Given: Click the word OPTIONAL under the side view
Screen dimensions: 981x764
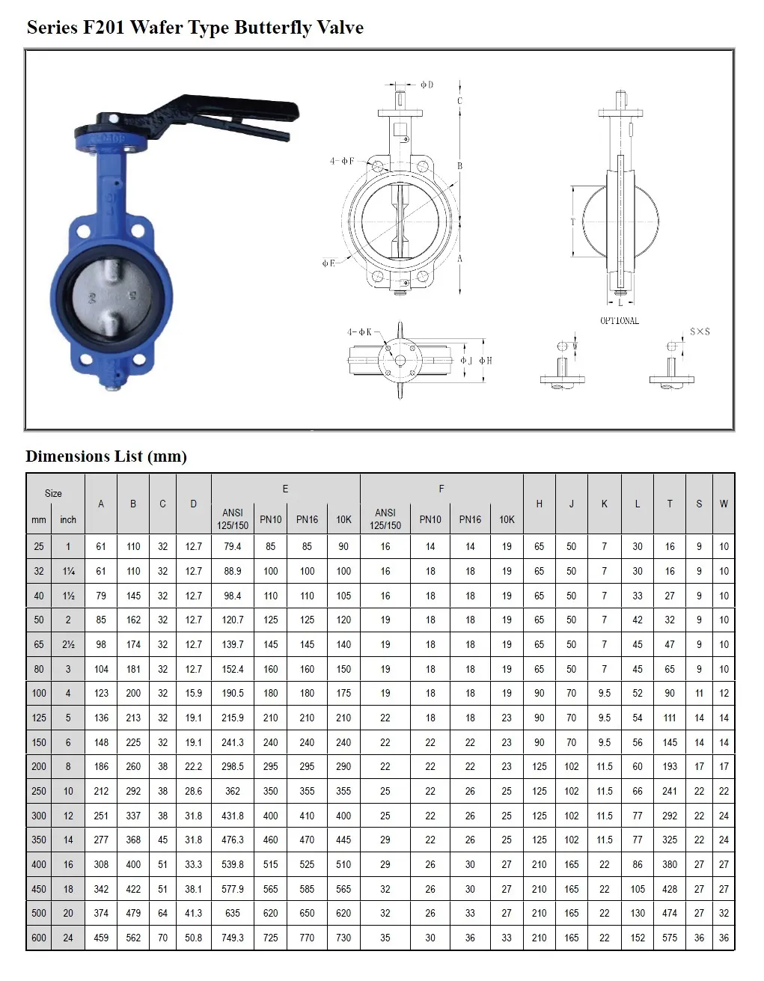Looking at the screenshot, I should click(620, 321).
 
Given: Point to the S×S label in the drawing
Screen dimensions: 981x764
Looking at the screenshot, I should click(700, 331).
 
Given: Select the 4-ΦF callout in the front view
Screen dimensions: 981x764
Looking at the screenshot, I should click(342, 161).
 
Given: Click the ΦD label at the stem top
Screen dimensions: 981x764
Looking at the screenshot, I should click(427, 85).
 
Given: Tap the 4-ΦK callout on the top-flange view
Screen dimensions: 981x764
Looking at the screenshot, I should click(359, 331).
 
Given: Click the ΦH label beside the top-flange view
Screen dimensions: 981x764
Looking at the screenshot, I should click(486, 361).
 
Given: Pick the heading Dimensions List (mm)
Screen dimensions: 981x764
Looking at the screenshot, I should click(106, 456).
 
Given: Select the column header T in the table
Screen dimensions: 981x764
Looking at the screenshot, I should click(670, 504).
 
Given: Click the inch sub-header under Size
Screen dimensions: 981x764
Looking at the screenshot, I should click(68, 519).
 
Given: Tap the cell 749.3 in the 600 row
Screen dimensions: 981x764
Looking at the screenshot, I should click(233, 938).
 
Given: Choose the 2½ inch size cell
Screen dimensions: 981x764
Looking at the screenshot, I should click(68, 644).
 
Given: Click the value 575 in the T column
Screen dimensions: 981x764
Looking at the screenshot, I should click(670, 938).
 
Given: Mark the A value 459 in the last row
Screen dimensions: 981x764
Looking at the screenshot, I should click(101, 938).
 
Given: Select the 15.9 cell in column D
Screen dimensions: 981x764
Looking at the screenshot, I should click(193, 693).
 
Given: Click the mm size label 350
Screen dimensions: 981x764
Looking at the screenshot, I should click(39, 840).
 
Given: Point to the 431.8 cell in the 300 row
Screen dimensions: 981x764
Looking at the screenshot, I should click(233, 816).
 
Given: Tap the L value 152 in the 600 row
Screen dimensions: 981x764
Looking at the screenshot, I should click(638, 938).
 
